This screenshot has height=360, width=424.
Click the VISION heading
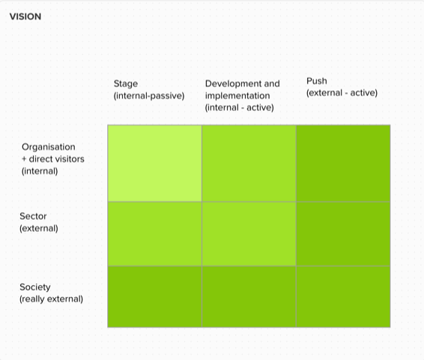[x=25, y=16]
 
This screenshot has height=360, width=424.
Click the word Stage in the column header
[x=126, y=84]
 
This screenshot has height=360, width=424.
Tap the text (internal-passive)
[x=149, y=96]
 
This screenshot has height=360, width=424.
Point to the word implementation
[x=237, y=95]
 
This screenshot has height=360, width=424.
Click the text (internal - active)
[x=239, y=108]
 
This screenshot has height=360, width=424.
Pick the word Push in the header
[x=317, y=81]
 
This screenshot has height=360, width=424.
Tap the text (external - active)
[x=342, y=93]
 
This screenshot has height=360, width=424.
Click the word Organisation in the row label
[x=49, y=147]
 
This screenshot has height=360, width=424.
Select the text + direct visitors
[x=53, y=159]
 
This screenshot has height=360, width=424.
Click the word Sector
[x=33, y=216]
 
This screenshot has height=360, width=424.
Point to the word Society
[x=35, y=287]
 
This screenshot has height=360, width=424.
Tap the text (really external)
[x=51, y=299]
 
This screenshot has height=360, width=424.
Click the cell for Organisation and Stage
[x=154, y=163]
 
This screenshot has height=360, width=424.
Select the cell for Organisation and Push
[x=343, y=163]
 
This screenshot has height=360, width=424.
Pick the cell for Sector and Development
[x=249, y=234]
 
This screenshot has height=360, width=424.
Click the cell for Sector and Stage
[x=154, y=234]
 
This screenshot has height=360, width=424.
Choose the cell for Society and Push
[x=343, y=297]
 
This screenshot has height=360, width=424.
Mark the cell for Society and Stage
[x=154, y=297]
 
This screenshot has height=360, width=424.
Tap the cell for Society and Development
[x=249, y=297]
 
